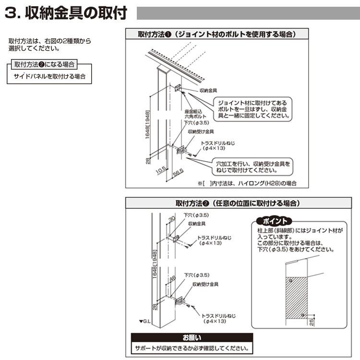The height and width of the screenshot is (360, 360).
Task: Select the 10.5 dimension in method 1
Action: point(161,169)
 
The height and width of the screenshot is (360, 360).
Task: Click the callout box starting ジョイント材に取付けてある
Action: point(253,109)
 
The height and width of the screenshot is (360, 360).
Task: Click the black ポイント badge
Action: point(274,221)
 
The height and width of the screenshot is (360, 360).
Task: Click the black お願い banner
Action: point(192,337)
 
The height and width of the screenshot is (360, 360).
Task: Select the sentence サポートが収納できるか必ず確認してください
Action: point(192,348)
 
